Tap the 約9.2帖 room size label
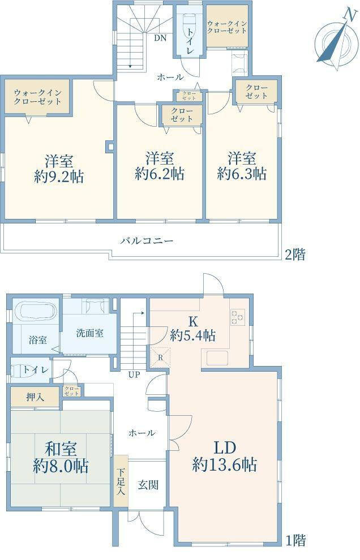coord(59,176)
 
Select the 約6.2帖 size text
coord(159,174)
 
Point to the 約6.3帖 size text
coord(242,174)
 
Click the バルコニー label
coord(147,240)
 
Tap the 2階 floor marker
coord(294,255)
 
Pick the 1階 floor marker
coord(294,541)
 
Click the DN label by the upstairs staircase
coord(160,38)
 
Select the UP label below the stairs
coord(134,374)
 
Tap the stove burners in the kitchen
coord(237,318)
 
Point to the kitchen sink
coord(217,357)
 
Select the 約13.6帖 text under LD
coord(225,465)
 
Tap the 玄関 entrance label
coord(148,484)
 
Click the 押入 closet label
coord(35,397)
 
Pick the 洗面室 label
coord(90,333)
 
